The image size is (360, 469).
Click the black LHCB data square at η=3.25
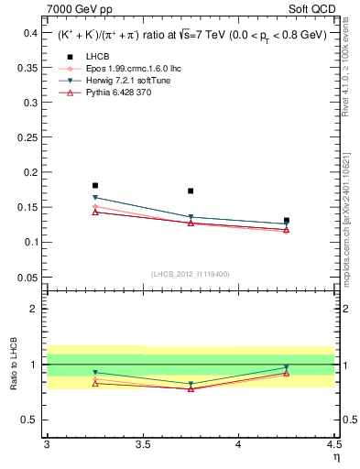pos(95,185)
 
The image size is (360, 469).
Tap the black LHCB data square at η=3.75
pos(191,191)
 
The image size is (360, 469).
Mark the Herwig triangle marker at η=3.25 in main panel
pos(95,197)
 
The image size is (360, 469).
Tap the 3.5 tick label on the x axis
pos(142,444)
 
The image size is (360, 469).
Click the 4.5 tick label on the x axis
pos(333,444)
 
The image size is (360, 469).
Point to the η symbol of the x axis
pos(335,457)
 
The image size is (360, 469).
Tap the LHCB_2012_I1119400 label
pos(191,274)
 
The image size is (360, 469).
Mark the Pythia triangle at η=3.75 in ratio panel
pos(191,388)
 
